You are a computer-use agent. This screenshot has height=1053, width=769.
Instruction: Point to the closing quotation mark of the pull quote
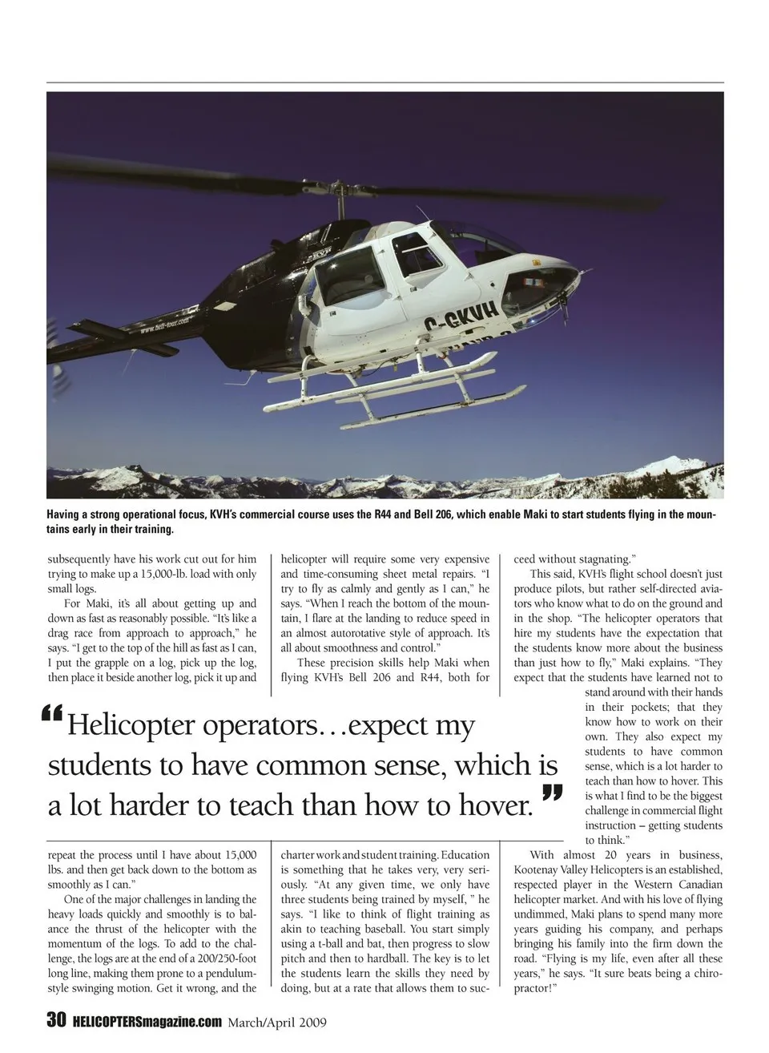tap(551, 794)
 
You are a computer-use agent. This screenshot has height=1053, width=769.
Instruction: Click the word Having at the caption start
tap(66, 514)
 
